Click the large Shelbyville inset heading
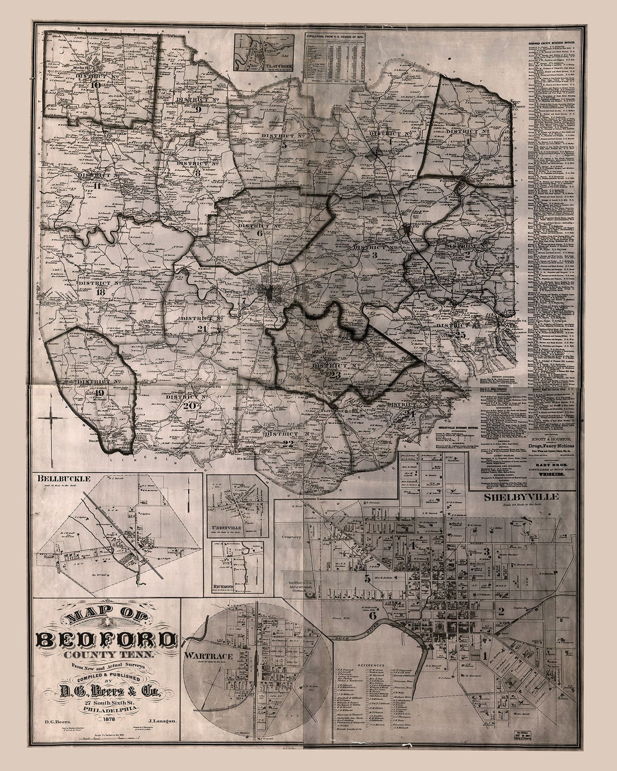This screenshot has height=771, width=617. pyautogui.click(x=521, y=497)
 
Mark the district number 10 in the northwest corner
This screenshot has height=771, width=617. pyautogui.click(x=95, y=85)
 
